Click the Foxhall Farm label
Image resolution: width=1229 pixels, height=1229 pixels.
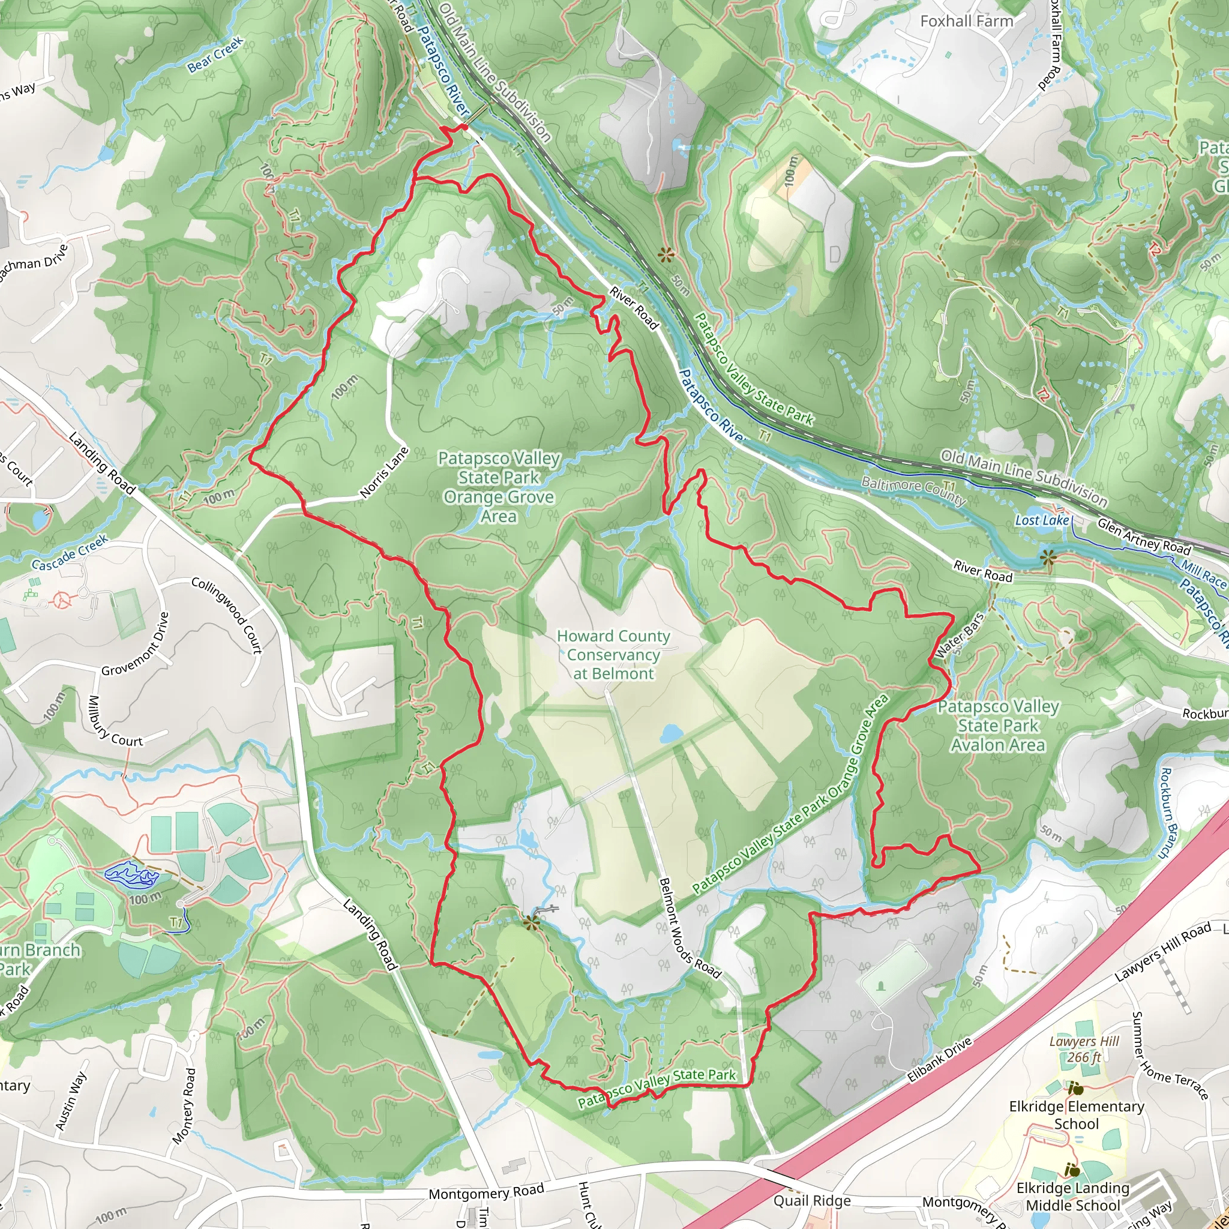(966, 21)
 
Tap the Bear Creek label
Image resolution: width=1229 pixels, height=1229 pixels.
(215, 55)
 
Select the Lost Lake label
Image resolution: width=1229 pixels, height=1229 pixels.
(1041, 520)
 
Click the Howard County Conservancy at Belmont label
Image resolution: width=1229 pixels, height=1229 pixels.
(613, 655)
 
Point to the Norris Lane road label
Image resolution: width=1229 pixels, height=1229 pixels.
(383, 473)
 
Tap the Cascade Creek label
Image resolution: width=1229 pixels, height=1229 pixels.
(70, 552)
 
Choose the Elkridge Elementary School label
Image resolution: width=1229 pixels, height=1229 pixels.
(1077, 1114)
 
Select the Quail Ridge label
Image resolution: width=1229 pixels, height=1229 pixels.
(812, 1200)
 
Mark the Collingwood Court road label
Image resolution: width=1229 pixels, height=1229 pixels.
(226, 615)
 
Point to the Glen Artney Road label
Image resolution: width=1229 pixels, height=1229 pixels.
(1143, 536)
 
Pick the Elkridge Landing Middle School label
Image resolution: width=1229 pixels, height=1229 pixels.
(1072, 1197)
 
